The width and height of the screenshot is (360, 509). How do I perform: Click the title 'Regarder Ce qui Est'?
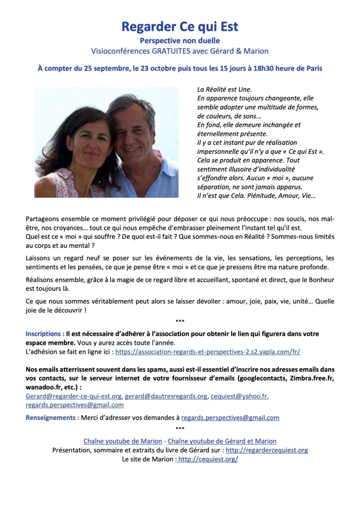click(180, 27)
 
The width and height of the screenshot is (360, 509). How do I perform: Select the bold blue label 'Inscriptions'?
click(44, 333)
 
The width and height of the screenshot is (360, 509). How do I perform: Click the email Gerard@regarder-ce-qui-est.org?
click(74, 396)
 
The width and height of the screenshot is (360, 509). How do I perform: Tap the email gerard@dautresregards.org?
click(166, 396)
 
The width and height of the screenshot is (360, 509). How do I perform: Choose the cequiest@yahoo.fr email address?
click(239, 396)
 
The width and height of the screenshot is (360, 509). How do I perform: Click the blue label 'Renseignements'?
click(51, 417)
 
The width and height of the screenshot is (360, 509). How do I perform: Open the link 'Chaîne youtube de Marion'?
click(122, 441)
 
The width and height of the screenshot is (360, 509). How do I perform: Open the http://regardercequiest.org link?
click(266, 450)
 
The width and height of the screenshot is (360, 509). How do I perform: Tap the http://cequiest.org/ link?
click(208, 459)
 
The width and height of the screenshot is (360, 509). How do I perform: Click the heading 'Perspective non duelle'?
click(180, 40)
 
